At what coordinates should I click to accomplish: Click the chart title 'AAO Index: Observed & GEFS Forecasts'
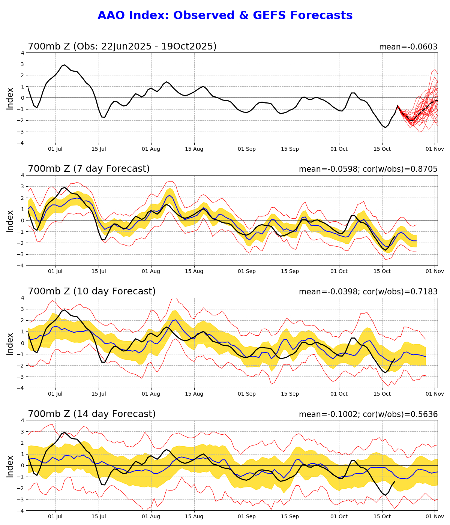[x=225, y=16]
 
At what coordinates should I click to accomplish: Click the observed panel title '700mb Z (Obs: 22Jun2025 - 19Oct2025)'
[x=122, y=46]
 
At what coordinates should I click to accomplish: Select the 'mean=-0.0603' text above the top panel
[x=408, y=47]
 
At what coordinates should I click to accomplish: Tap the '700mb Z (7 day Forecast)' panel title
[x=89, y=169]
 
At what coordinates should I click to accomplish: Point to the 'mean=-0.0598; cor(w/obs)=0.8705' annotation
[x=368, y=169]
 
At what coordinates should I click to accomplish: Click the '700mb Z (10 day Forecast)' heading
[x=92, y=291]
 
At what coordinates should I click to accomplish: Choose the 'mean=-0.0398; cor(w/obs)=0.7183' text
[x=368, y=292]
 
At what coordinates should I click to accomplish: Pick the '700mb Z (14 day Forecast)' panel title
[x=92, y=414]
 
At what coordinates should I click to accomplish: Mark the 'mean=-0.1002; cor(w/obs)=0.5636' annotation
[x=368, y=414]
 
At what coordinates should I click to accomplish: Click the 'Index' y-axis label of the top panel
[x=10, y=98]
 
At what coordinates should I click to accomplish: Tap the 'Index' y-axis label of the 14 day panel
[x=10, y=466]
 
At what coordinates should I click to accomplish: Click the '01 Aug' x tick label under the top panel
[x=151, y=149]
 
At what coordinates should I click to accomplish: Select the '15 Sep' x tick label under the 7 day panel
[x=290, y=271]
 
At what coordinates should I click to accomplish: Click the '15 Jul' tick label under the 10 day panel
[x=99, y=394]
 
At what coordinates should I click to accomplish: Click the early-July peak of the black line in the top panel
[x=64, y=64]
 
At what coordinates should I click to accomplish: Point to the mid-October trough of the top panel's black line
[x=385, y=127]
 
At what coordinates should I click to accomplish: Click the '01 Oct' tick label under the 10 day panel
[x=339, y=394]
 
